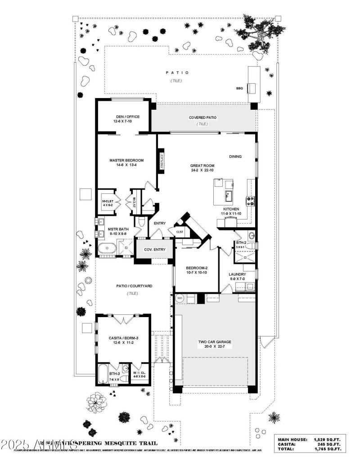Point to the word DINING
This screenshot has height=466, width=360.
pyautogui.click(x=235, y=157)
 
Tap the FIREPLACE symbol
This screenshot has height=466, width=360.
pyautogui.click(x=161, y=161)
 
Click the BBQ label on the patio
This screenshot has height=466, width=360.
pyautogui.click(x=239, y=89)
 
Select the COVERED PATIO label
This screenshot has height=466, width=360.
pyautogui.click(x=202, y=118)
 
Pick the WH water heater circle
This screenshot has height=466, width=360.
pyautogui.click(x=180, y=298)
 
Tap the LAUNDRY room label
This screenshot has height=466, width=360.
pyautogui.click(x=237, y=274)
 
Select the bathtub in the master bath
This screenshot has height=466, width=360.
pyautogui.click(x=107, y=248)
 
